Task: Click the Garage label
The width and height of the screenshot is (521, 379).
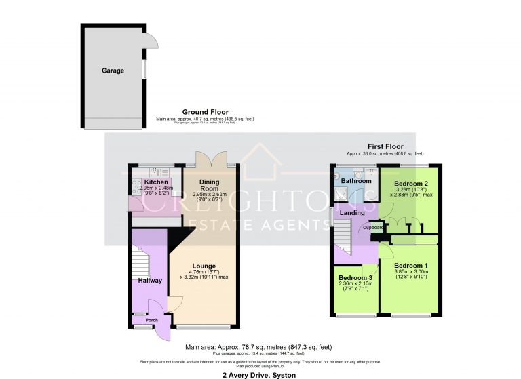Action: tap(113, 71)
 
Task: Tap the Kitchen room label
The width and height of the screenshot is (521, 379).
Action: tap(156, 182)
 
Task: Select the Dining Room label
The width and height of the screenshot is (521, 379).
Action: tap(214, 185)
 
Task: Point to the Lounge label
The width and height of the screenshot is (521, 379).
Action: tap(204, 266)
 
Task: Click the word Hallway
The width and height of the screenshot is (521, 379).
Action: tap(150, 280)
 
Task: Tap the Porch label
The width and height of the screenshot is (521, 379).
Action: tap(142, 321)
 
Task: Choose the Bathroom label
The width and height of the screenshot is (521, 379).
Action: tap(356, 181)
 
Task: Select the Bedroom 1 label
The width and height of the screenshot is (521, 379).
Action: tap(411, 265)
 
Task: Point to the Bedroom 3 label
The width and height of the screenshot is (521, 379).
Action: tap(356, 279)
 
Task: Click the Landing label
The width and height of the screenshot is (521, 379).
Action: tap(352, 214)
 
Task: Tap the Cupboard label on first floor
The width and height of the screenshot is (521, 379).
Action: tap(374, 228)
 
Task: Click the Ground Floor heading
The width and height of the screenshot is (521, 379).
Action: tap(205, 112)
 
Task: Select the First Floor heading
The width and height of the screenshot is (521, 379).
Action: tap(385, 146)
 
